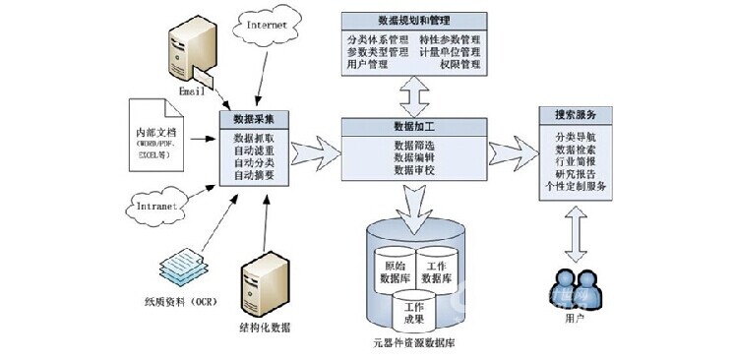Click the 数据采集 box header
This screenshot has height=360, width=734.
[x=254, y=120]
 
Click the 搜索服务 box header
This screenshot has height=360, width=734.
[x=576, y=113]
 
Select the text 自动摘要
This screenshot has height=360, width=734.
[x=254, y=175]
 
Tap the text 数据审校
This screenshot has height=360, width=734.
[x=413, y=170]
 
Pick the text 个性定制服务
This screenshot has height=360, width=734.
[x=576, y=187]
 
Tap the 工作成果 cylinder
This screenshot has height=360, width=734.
[x=415, y=314]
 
